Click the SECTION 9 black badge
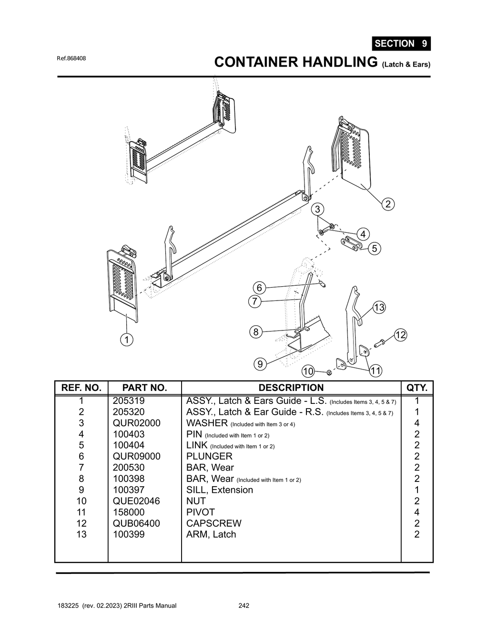pos(401,43)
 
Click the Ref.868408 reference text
pos(71,59)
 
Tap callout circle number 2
pos(388,204)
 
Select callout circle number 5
pos(375,249)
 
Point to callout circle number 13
pos(379,307)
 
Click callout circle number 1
pos(126,340)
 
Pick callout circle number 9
pos(260,364)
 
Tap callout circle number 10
pos(308,371)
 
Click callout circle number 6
pos(259,288)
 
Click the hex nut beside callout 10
pos(329,372)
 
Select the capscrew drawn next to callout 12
pos(381,341)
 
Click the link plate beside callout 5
pos(352,243)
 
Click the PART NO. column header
pos(144,388)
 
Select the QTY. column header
pos(417,388)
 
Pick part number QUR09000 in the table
pos(136,456)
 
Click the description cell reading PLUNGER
pos(209,456)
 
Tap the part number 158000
pos(129,512)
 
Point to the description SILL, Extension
pos(220,490)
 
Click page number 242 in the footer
pos(244,606)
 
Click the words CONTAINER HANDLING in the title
pos(296,62)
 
